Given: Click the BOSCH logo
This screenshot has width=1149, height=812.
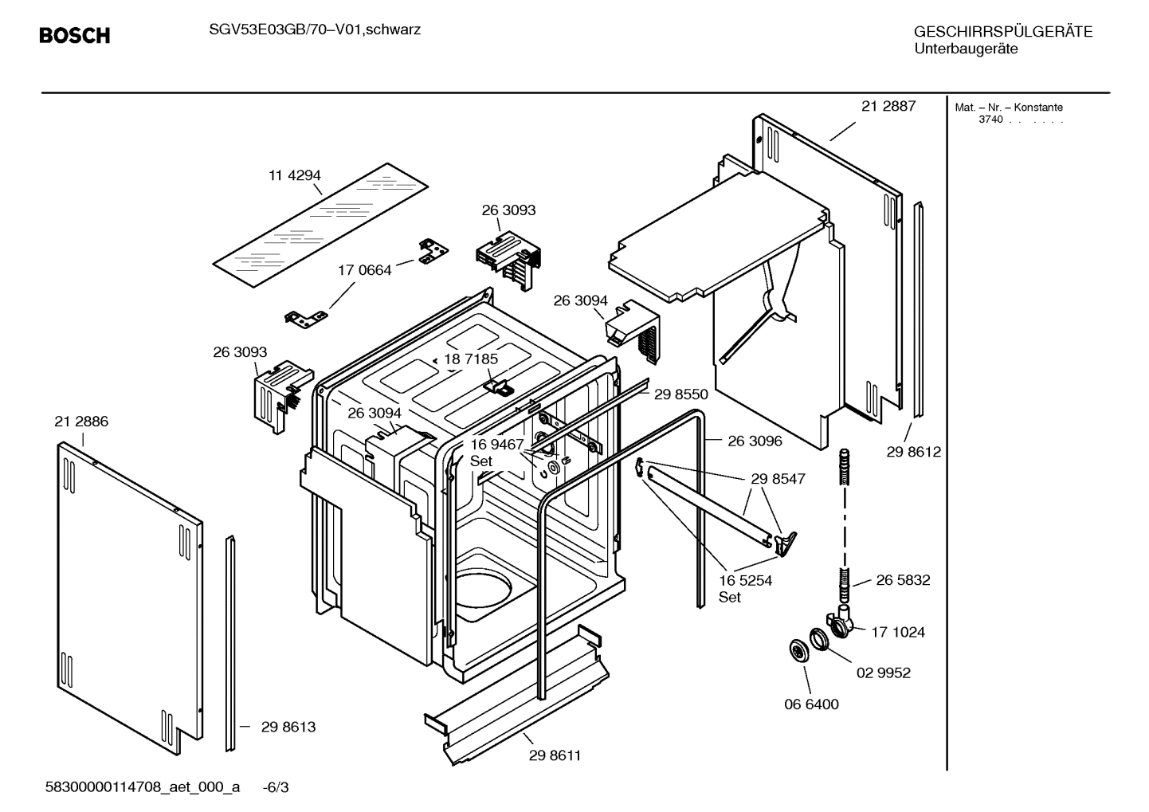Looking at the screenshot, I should click(74, 36).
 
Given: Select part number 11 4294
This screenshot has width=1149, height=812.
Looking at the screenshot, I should click(294, 175).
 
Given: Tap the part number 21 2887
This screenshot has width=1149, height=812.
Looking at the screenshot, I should click(888, 106).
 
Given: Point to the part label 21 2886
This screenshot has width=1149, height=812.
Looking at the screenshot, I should click(81, 422).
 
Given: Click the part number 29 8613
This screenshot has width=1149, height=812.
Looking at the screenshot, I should click(288, 727).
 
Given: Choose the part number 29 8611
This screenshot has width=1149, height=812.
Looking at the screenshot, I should click(555, 755).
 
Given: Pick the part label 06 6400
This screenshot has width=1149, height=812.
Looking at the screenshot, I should click(811, 704).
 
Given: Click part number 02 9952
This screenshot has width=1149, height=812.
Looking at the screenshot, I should click(883, 673).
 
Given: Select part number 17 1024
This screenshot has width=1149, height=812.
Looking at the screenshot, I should click(898, 632).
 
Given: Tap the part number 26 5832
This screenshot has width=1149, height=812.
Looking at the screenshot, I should click(903, 580).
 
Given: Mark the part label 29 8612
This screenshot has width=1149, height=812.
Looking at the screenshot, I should click(913, 452).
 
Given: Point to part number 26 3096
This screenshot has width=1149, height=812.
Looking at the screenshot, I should click(755, 441).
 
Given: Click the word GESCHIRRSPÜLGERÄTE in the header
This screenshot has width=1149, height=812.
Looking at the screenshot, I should click(1002, 32).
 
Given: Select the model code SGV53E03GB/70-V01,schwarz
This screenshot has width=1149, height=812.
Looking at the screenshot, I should click(311, 30).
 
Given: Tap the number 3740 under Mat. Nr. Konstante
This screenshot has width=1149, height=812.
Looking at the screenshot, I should click(990, 120).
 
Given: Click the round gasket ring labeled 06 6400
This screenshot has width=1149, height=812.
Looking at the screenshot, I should click(797, 650).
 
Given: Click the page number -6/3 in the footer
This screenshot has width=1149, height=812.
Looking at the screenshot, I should click(276, 788).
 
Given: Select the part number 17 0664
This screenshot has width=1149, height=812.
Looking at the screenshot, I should click(365, 270).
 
